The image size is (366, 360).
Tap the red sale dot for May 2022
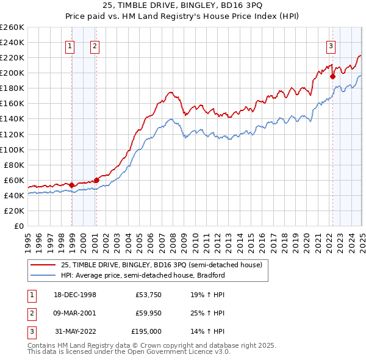point(333,76)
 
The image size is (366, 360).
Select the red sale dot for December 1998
point(72,184)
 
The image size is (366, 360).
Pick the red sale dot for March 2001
point(96,180)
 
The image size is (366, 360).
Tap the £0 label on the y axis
point(19,226)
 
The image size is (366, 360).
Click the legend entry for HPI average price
point(143,275)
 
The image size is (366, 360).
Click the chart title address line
point(183,7)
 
